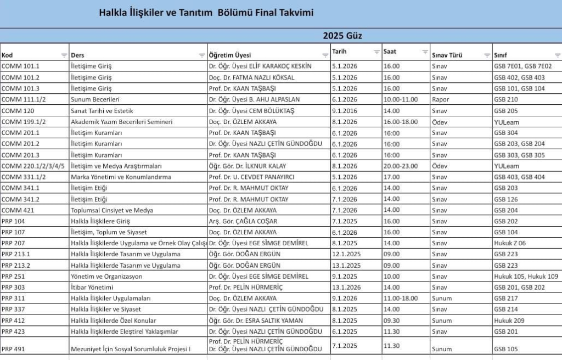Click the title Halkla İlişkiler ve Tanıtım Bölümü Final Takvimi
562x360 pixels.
pos(206,13)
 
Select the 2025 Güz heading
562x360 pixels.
pos(342,36)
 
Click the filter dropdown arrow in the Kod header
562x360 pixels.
pos(64,55)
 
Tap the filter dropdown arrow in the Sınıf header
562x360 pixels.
pos(558,55)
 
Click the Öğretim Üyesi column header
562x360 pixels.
pos(230,55)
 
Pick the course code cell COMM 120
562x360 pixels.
pos(15,110)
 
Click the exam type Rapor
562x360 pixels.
pos(440,99)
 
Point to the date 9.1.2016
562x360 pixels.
pos(345,110)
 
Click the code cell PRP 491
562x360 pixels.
pos(13,349)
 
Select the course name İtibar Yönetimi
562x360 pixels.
pos(92,288)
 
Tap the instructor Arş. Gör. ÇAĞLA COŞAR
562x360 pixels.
pos(243,221)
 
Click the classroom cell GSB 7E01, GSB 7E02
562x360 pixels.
pos(522,66)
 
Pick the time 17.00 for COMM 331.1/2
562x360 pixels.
pos(392,177)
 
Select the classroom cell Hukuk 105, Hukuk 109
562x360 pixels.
pos(526,277)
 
